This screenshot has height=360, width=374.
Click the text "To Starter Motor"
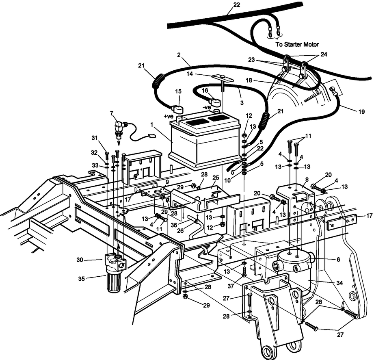(297, 44)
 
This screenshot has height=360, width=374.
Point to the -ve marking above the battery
(207, 107)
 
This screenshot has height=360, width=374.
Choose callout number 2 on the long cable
(178, 54)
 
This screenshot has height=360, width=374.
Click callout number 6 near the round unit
(338, 259)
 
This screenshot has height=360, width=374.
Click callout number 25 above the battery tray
(215, 178)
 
